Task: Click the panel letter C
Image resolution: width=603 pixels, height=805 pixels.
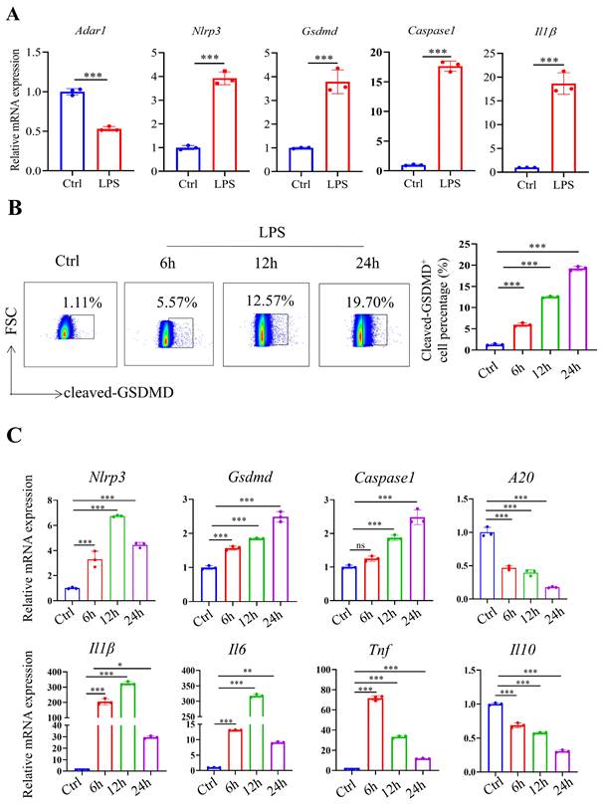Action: (x=14, y=436)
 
